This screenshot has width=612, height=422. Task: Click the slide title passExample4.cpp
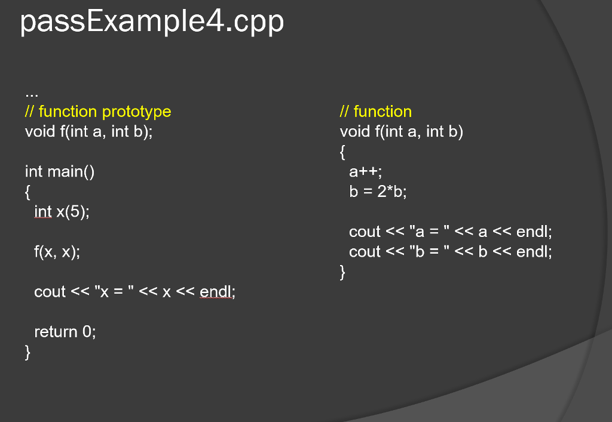click(x=152, y=22)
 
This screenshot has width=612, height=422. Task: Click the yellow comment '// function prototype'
click(x=98, y=112)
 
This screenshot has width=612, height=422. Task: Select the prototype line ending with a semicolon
click(x=88, y=132)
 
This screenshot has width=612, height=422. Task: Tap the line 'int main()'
click(x=60, y=172)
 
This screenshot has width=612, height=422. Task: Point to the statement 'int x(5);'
click(x=62, y=212)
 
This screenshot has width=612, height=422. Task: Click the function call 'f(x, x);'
click(x=57, y=252)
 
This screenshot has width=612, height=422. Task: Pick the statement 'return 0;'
click(x=65, y=332)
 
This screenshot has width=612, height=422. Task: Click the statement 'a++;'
click(x=365, y=172)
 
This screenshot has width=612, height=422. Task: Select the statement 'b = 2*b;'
click(x=378, y=192)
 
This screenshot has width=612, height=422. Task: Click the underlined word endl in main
click(x=216, y=292)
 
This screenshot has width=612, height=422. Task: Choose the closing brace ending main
click(x=27, y=352)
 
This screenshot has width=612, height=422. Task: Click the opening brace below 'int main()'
click(x=27, y=192)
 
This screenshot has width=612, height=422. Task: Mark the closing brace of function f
click(x=342, y=272)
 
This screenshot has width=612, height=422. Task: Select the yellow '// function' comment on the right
click(x=376, y=112)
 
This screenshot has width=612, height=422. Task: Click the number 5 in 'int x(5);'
click(x=75, y=212)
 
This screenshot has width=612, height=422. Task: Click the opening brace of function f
click(x=342, y=152)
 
